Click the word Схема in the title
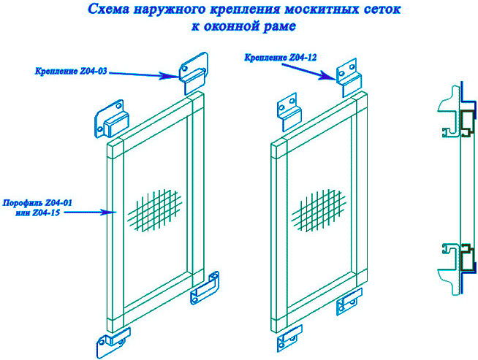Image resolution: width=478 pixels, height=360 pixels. click(x=108, y=9)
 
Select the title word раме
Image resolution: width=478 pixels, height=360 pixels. click(x=279, y=26)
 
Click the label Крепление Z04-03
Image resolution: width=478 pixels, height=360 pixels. click(x=71, y=72)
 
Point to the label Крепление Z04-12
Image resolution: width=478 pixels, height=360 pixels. click(x=281, y=57)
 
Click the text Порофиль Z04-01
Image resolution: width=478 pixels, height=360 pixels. click(x=37, y=202)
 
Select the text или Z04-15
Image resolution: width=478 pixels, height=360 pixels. click(x=37, y=213)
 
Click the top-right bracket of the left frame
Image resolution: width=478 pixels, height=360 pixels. click(x=194, y=73)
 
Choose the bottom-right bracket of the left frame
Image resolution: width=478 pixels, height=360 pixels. click(x=205, y=288)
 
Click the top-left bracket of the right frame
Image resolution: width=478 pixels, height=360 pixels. click(x=289, y=112)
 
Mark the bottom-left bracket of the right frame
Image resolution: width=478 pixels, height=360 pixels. click(x=289, y=338)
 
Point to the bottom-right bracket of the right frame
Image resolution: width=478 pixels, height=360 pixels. click(x=349, y=302)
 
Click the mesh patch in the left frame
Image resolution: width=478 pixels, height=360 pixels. click(x=155, y=210)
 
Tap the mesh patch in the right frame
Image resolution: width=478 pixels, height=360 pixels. click(x=319, y=210)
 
